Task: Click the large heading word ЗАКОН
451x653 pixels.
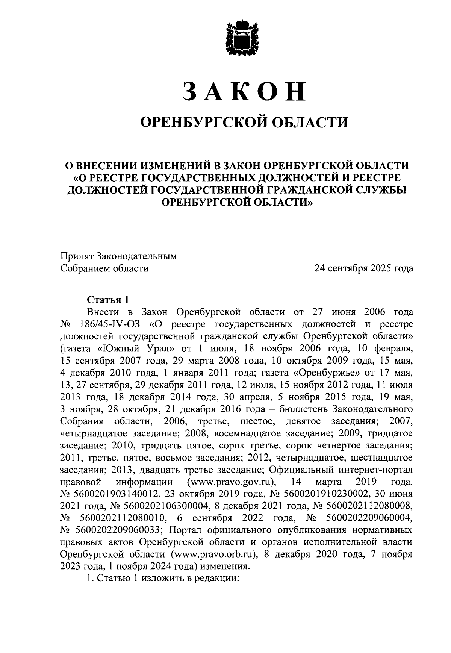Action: coord(244,91)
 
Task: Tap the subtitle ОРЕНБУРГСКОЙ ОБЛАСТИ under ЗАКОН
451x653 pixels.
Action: coord(244,122)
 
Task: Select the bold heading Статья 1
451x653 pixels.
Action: coord(108,300)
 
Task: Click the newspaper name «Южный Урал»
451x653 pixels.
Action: coord(134,348)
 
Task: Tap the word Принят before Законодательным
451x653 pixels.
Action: coord(77,256)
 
